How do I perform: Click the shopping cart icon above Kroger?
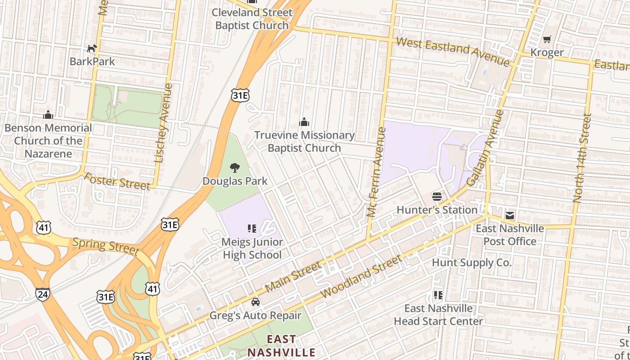547,40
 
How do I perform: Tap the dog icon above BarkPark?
92,48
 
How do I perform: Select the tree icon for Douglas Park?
234,168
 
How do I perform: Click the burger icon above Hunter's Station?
436,197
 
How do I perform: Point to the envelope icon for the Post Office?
510,215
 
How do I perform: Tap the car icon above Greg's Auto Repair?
256,302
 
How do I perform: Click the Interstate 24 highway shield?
42,294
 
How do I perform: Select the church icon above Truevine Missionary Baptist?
305,122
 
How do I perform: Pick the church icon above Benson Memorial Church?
48,115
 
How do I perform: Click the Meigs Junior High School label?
252,248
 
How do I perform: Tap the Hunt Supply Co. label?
472,262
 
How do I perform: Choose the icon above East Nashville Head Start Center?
438,295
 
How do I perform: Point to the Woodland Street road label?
361,276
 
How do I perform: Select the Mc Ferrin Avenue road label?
376,172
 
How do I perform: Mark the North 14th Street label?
581,157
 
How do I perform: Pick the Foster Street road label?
117,181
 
